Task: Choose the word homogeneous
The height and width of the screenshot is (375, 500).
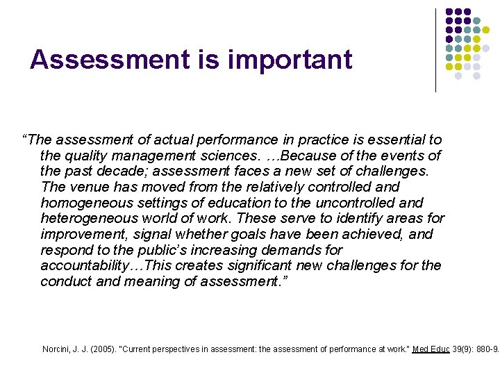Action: click(81, 203)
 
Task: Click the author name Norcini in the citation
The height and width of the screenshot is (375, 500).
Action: click(58, 349)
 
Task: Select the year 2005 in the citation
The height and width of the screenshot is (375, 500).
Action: click(99, 349)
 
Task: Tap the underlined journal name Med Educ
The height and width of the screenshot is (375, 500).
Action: click(431, 349)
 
